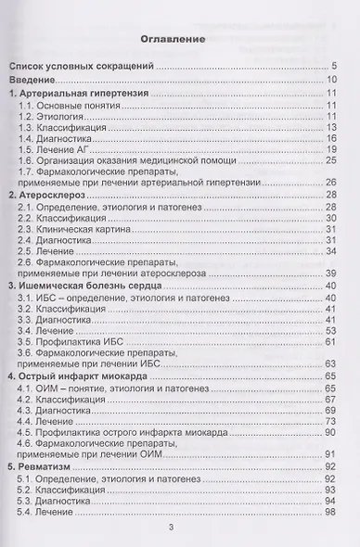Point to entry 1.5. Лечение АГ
[x=58, y=149]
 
